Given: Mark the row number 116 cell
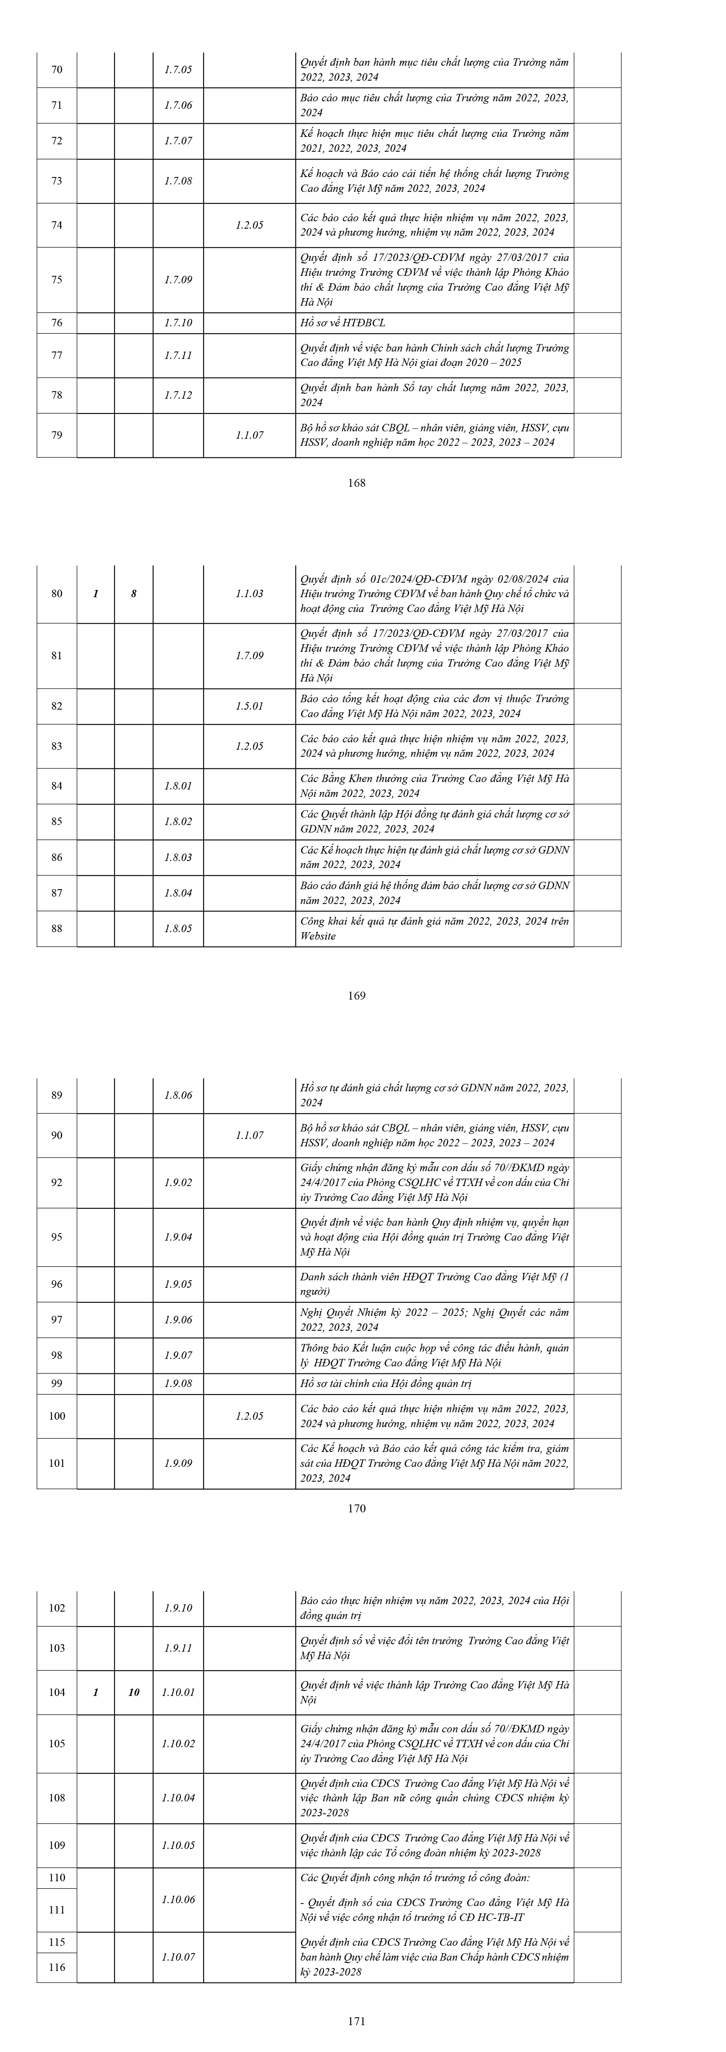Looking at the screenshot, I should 57,1968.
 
